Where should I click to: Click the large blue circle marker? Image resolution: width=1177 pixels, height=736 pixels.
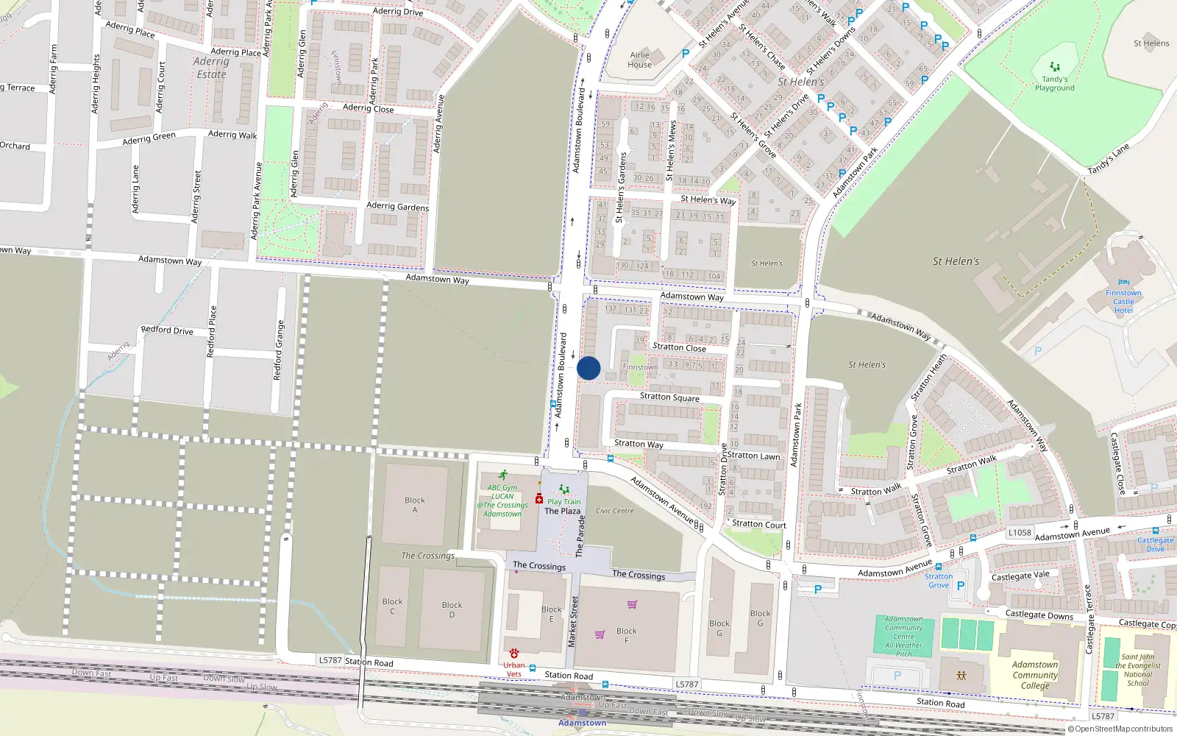(588, 368)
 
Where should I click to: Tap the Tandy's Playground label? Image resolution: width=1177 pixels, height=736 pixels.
(1055, 83)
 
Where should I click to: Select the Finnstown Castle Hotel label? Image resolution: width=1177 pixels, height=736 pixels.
(1123, 301)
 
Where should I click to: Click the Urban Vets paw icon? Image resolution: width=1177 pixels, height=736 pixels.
(513, 654)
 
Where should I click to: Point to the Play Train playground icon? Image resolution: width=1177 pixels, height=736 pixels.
(564, 489)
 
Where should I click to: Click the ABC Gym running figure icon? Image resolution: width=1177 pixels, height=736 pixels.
(503, 475)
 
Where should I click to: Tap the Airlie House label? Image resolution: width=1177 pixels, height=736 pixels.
(640, 60)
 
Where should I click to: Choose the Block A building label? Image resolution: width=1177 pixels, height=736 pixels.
(415, 505)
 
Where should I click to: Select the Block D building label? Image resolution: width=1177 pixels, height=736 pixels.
(452, 609)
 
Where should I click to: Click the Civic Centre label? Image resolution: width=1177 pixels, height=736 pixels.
(615, 511)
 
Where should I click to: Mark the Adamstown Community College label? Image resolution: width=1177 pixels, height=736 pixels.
(1035, 675)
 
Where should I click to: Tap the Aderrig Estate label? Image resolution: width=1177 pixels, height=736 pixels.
(211, 68)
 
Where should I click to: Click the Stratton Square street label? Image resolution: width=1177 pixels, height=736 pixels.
(669, 397)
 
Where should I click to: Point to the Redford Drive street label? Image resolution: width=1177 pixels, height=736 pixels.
(167, 330)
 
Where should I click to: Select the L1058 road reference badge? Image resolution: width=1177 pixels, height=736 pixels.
(1020, 533)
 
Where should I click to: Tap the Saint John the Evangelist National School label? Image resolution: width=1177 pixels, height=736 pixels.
(1137, 670)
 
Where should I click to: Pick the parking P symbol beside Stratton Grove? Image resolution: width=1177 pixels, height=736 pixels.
(961, 587)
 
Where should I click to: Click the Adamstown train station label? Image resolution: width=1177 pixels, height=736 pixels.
(582, 723)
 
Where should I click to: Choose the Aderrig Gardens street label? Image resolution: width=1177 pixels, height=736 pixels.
(397, 207)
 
